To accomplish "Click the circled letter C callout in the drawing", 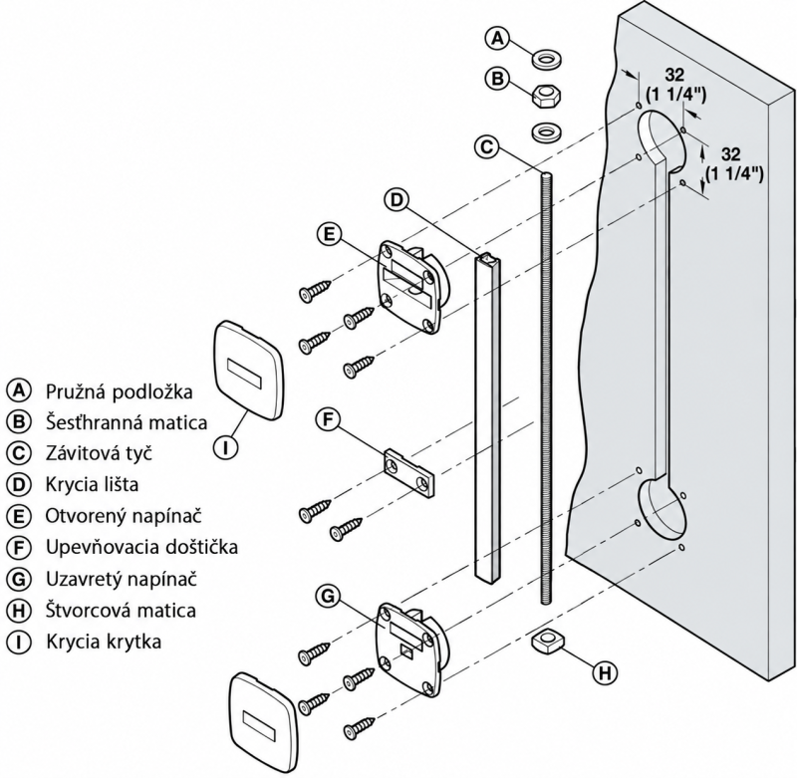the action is pyautogui.click(x=487, y=146).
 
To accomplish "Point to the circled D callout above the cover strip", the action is pyautogui.click(x=397, y=199).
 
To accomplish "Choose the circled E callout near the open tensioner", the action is pyautogui.click(x=330, y=234).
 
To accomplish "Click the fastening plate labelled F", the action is pyautogui.click(x=410, y=471).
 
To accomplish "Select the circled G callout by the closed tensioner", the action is pyautogui.click(x=329, y=595).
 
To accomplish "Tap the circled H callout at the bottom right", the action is pyautogui.click(x=605, y=672).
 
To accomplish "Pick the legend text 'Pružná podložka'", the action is pyautogui.click(x=120, y=391).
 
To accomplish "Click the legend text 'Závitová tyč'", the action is pyautogui.click(x=99, y=453).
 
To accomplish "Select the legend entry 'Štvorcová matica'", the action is pyautogui.click(x=121, y=610).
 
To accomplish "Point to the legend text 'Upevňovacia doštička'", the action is pyautogui.click(x=141, y=547).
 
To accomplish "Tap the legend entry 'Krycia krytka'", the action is pyautogui.click(x=104, y=642).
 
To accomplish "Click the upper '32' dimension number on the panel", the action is pyautogui.click(x=674, y=75).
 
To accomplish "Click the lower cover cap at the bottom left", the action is pyautogui.click(x=262, y=718).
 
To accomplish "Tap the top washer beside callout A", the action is pyautogui.click(x=546, y=59).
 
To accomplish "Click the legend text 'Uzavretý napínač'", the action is pyautogui.click(x=121, y=579).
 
